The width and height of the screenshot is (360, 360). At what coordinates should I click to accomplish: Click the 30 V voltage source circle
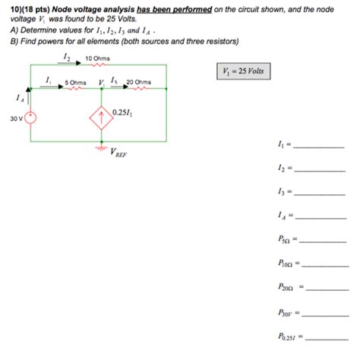click(30, 117)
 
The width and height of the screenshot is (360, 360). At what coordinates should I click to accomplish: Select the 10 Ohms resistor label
click(99, 58)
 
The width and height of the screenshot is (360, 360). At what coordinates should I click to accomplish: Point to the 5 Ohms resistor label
click(75, 83)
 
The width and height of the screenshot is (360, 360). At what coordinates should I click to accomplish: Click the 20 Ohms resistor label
click(139, 83)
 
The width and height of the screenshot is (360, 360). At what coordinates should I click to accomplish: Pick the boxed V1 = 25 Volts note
click(243, 71)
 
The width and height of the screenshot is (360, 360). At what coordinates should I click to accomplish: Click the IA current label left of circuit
click(20, 97)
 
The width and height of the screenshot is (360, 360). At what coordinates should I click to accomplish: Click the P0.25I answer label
click(289, 336)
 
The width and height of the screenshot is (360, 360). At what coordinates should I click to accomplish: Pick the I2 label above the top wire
click(66, 57)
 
